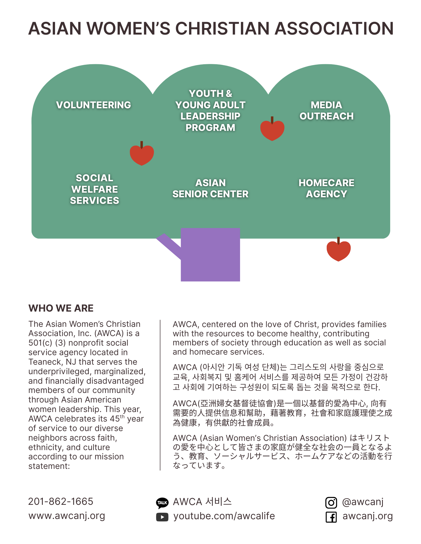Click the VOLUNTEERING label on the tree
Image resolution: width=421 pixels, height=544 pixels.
(93, 105)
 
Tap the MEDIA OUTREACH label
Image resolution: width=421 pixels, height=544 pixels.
(326, 110)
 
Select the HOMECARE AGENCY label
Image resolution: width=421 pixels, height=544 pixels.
(326, 188)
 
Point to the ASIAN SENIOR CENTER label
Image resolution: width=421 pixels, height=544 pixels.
(210, 188)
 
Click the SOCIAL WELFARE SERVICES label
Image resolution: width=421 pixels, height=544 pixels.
(95, 189)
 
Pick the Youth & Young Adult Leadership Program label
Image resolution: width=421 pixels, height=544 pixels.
(210, 110)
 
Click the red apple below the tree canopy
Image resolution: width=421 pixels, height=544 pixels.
(338, 251)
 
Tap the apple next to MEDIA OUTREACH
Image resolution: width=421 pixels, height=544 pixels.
(272, 130)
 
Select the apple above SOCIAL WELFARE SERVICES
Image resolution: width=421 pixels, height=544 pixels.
(142, 154)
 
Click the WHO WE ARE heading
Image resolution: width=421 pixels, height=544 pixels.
(61, 308)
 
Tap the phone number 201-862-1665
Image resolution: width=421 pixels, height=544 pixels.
(61, 501)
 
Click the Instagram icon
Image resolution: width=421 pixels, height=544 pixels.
(331, 502)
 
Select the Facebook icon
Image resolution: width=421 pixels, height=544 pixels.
(331, 517)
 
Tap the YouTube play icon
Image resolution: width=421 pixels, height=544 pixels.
(162, 517)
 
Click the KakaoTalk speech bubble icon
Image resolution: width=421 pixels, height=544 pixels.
(162, 503)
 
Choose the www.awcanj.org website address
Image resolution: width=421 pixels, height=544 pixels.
(67, 516)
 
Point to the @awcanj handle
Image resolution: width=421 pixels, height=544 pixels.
(363, 502)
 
